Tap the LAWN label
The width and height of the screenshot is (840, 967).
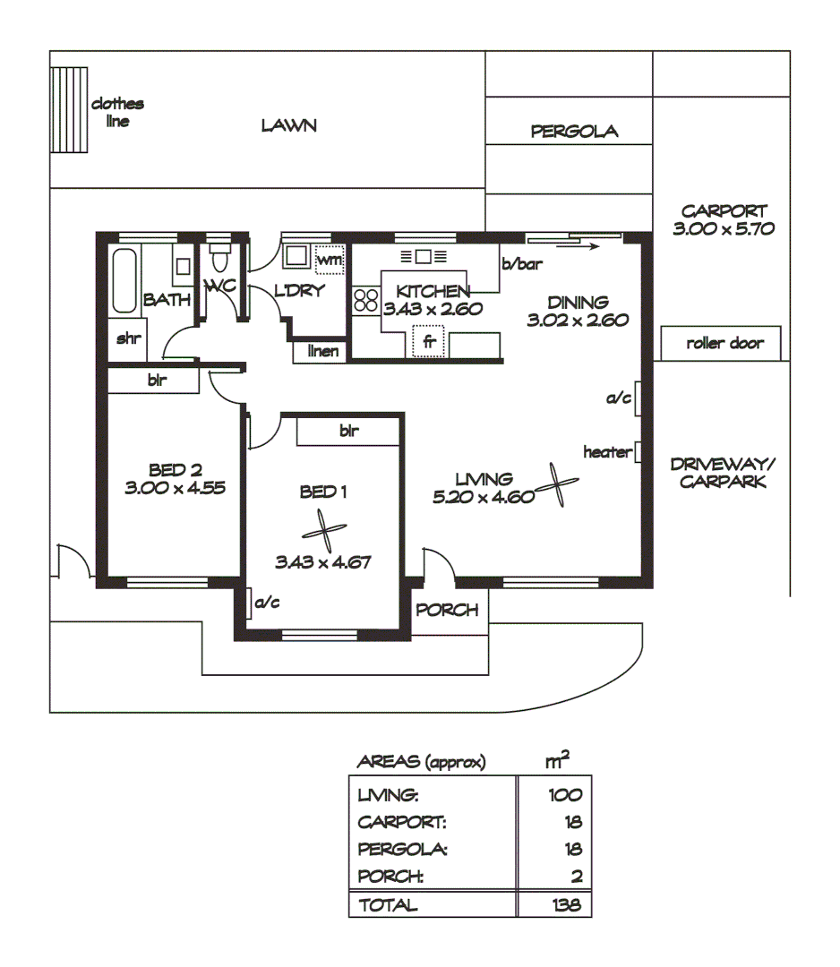click(288, 125)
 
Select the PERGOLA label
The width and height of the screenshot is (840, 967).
click(574, 132)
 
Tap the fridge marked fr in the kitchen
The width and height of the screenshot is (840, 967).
click(429, 341)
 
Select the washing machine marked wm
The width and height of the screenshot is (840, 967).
click(329, 260)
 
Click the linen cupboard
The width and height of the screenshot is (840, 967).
click(322, 351)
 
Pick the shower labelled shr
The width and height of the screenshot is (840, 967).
click(127, 339)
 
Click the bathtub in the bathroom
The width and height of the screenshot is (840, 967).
click(125, 279)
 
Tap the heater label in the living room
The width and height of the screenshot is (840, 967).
click(606, 452)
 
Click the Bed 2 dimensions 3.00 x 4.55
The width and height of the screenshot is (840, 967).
click(174, 488)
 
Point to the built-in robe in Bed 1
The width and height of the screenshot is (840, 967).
click(348, 431)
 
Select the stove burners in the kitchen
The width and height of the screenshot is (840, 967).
click(365, 299)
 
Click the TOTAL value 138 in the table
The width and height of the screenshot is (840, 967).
click(566, 905)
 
